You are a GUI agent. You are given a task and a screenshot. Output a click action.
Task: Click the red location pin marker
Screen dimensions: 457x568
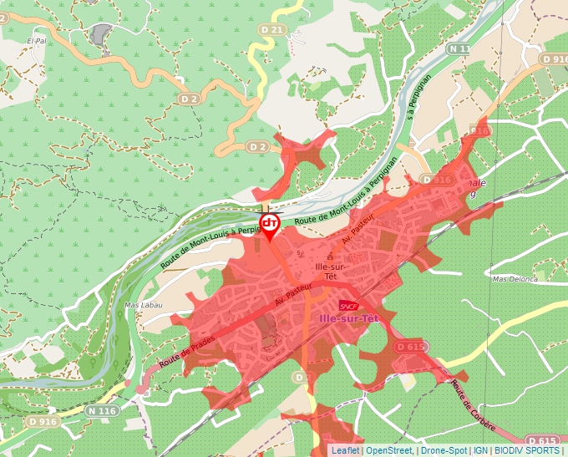[x=269, y=225]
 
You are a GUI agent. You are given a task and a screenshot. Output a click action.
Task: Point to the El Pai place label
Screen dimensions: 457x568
[x=36, y=40]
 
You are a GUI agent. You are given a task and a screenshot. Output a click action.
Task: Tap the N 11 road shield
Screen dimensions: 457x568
[x=459, y=48]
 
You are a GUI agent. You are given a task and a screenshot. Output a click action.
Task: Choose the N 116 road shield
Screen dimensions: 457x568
[x=102, y=411]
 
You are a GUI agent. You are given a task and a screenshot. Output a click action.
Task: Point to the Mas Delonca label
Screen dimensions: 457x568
[x=515, y=279]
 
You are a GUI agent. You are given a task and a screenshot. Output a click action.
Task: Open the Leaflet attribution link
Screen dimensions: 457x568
[x=345, y=450]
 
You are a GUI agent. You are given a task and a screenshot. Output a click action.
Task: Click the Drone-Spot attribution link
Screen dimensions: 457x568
[x=444, y=450]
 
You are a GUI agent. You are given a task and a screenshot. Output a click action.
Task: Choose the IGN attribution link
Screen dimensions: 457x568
[x=480, y=450]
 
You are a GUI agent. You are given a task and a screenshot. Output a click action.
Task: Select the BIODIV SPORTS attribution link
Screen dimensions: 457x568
[x=527, y=450]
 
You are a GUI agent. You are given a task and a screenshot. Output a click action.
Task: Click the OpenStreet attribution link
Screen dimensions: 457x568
[x=389, y=450]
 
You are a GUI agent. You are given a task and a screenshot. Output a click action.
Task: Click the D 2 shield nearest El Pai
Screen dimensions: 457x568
[x=187, y=99]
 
